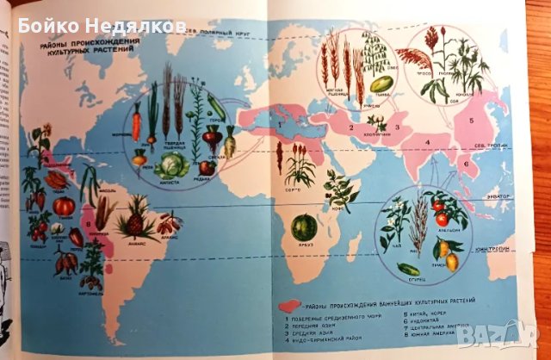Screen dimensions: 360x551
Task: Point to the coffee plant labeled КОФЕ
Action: (x=342, y=191)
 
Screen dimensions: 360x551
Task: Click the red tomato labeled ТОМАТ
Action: (x=64, y=205)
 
